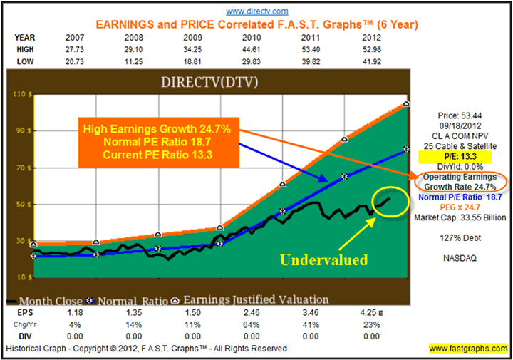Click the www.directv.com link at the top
[x=256, y=11]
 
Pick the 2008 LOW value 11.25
[x=159, y=63]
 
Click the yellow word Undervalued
[x=323, y=259]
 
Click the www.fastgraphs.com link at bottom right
[x=467, y=349]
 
